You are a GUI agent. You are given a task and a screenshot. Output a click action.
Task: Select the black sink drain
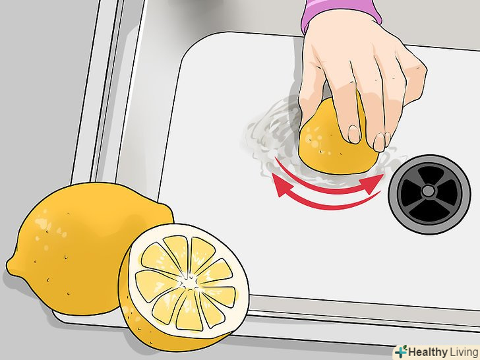pos(429,194)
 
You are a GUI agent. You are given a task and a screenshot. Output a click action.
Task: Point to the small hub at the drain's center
pos(429,191)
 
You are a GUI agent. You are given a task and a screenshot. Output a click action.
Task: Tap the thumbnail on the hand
pos(354,134)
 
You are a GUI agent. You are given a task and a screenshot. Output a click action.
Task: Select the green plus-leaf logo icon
pos(401,351)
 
